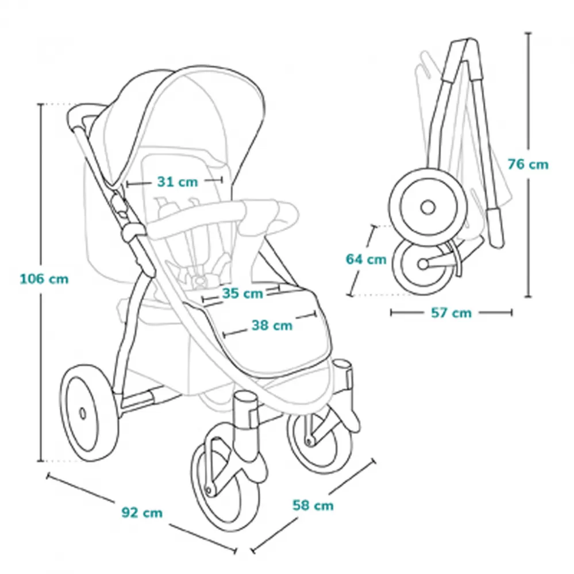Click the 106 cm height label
[x=44, y=279]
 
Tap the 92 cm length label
[x=142, y=512]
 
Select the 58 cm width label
[x=313, y=506]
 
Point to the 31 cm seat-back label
[x=177, y=182]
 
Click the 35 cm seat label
[x=242, y=293]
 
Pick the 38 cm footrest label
[x=272, y=326]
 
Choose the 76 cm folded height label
[x=528, y=164]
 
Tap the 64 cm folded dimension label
[x=366, y=259]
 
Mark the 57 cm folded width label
[x=451, y=313]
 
